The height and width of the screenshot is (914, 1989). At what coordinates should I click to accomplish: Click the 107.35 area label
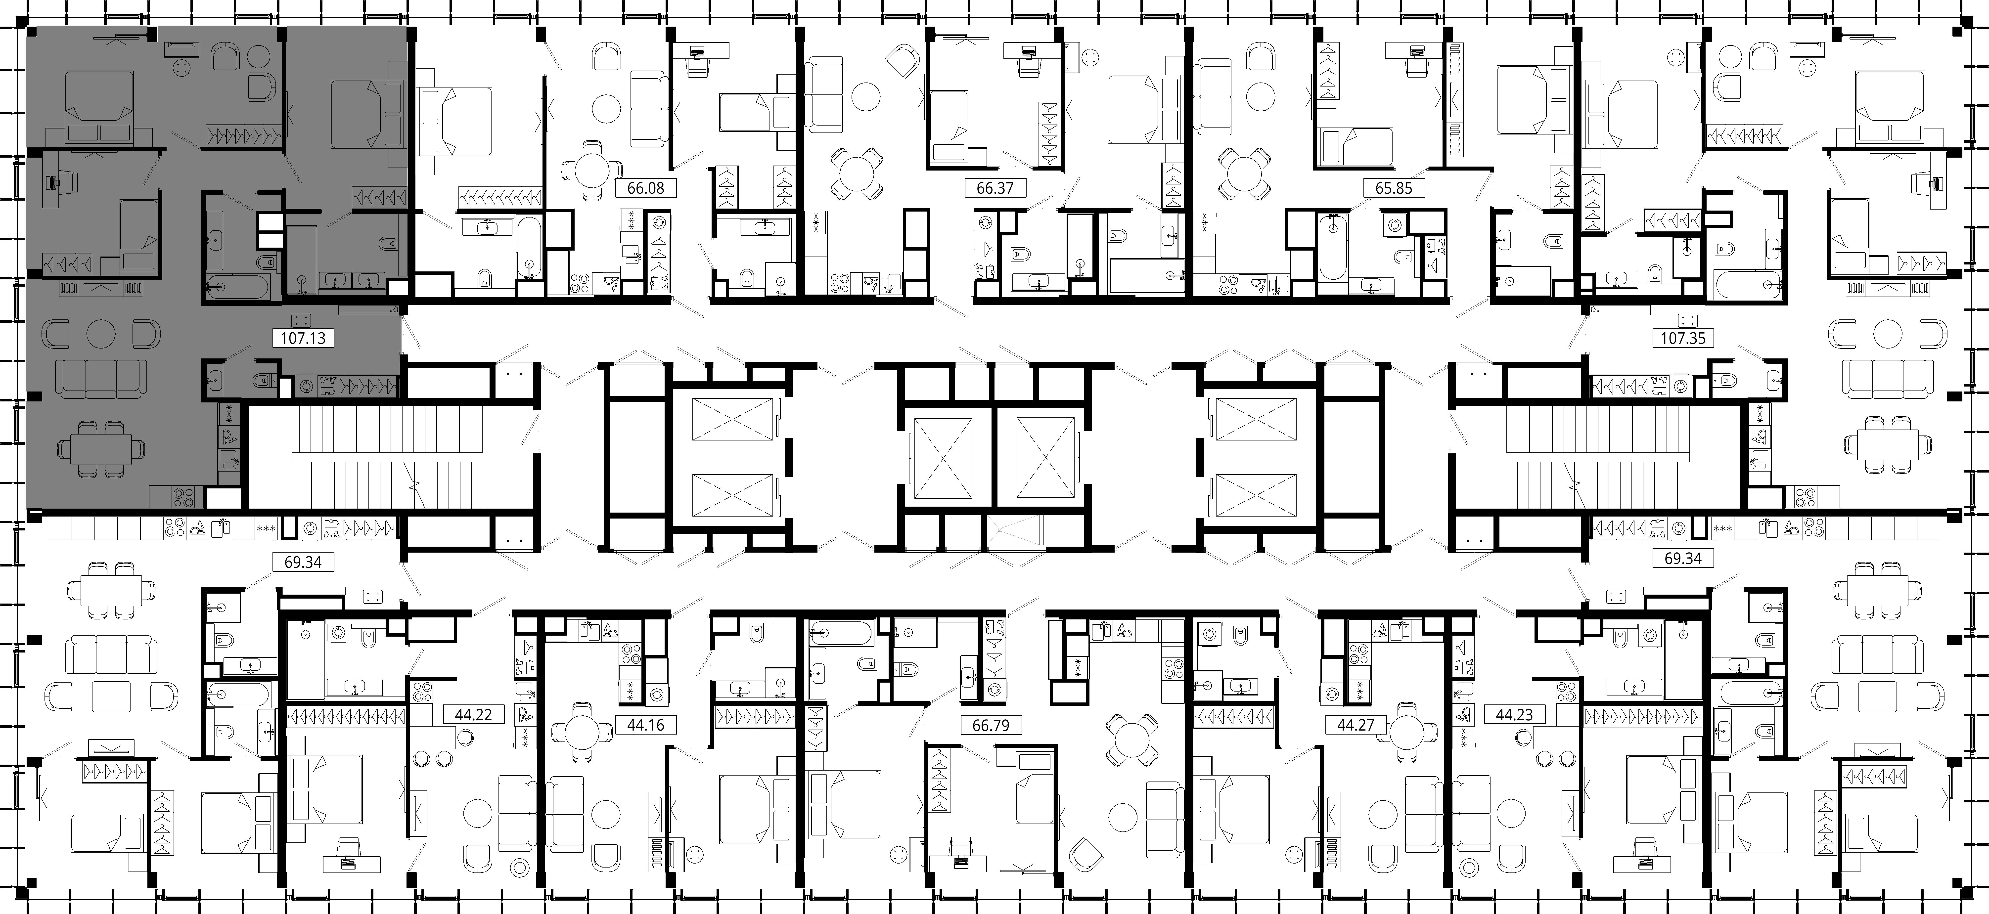point(1683,338)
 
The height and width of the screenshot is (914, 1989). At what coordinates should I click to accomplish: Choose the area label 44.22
point(473,715)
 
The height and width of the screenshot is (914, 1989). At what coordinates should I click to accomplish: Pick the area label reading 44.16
point(645,726)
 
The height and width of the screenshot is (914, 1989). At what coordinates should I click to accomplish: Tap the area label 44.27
point(1355,726)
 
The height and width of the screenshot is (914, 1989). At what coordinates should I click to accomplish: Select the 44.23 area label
point(1514,715)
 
